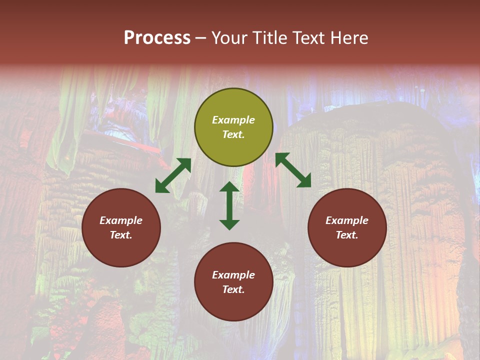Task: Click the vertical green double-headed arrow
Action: pos(229,205)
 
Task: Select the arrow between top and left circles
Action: pos(173,175)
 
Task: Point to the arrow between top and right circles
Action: pos(293,170)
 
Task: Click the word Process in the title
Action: pos(157,38)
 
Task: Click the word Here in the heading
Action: pos(349,38)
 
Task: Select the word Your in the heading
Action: pos(229,38)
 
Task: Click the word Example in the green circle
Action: pos(233,120)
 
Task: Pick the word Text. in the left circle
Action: pos(121,235)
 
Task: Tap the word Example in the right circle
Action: pos(347,220)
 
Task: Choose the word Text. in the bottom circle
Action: pos(233,289)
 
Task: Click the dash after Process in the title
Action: pos(201,38)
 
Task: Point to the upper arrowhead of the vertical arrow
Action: pos(229,187)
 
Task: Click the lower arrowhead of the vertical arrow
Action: pos(229,224)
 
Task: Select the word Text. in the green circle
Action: pos(233,134)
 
